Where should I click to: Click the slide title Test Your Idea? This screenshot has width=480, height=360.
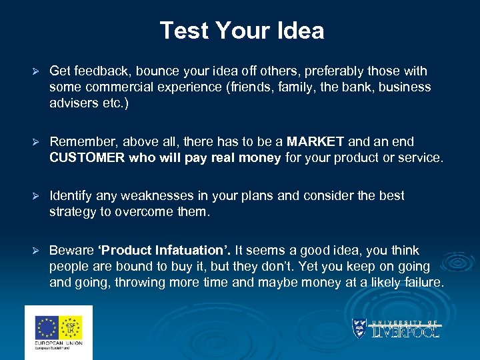(241, 31)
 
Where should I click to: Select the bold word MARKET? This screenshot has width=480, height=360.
(315, 142)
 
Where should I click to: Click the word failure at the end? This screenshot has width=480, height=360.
(423, 283)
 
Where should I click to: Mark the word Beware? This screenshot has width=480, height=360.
(71, 251)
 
